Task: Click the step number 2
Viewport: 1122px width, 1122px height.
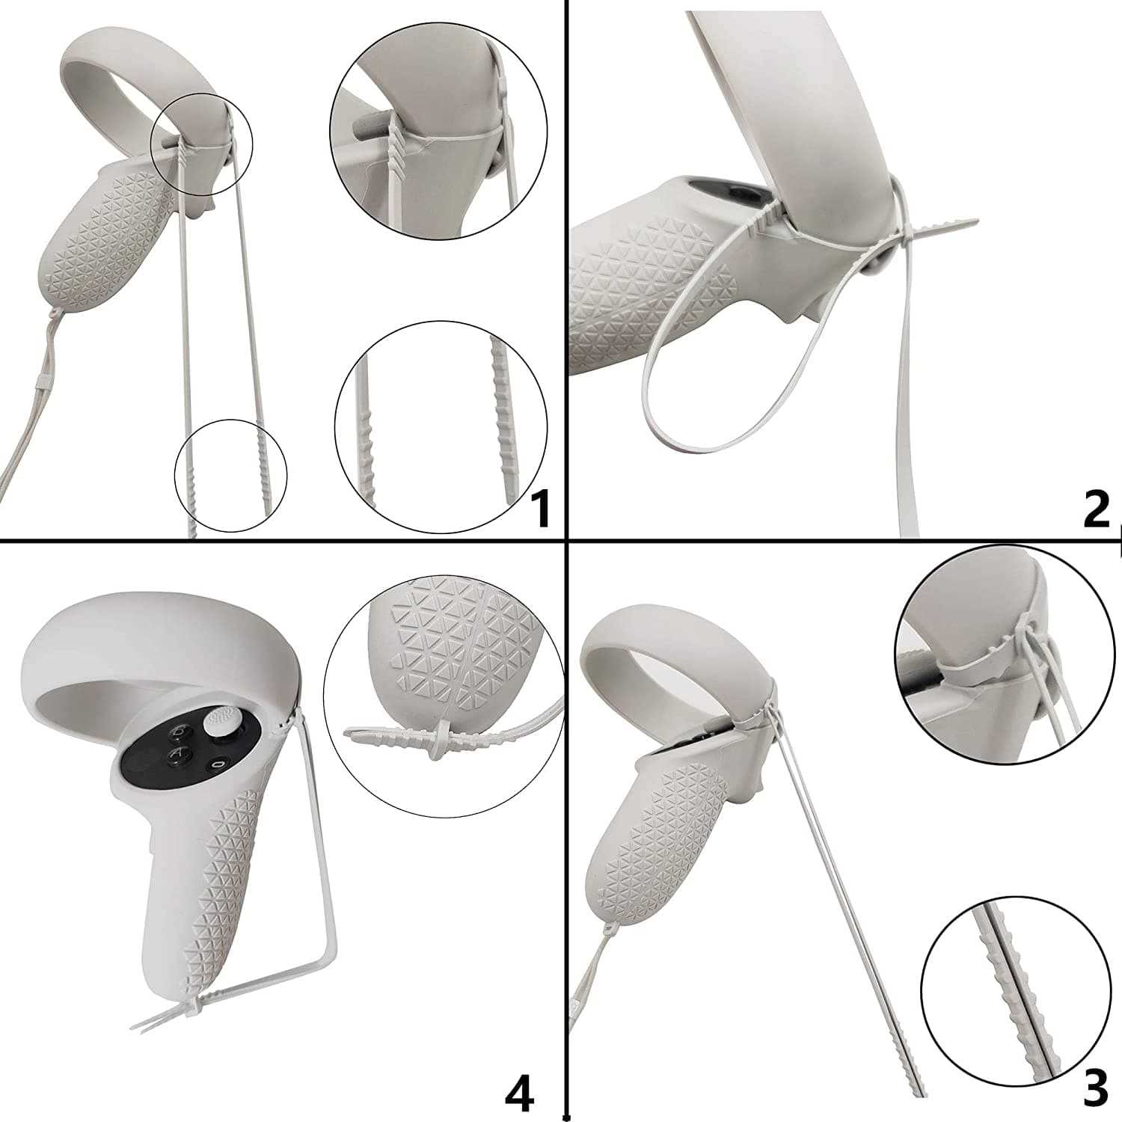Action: coord(1097,509)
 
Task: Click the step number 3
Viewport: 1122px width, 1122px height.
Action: coord(1096,1091)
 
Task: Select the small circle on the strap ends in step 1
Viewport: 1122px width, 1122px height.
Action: coord(230,476)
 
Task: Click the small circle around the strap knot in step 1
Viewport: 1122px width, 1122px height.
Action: coord(203,145)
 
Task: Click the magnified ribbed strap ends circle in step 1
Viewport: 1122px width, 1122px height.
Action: coord(441,427)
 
